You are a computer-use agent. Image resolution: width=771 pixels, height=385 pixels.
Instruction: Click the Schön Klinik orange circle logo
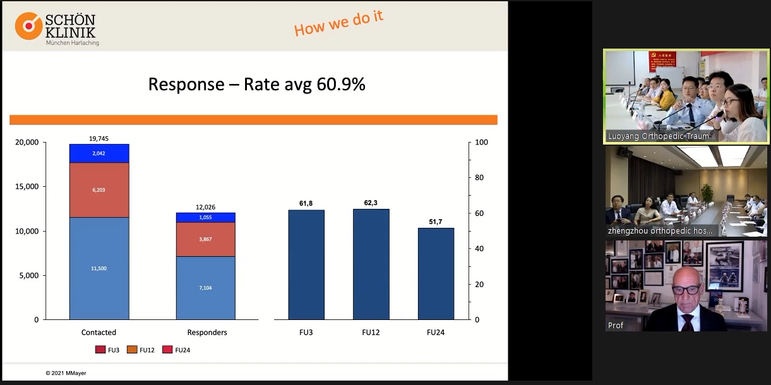[28, 26]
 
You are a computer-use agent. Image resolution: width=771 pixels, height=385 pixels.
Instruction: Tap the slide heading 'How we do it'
[338, 23]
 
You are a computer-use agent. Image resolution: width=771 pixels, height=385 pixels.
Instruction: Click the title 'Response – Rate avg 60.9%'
[256, 84]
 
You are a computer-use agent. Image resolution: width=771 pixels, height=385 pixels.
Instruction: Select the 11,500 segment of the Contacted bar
[99, 268]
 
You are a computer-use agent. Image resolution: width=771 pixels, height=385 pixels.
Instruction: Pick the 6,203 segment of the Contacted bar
[99, 189]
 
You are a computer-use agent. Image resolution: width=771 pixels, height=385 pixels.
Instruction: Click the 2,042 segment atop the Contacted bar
[99, 153]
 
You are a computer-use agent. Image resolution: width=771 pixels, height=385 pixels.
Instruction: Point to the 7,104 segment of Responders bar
[205, 287]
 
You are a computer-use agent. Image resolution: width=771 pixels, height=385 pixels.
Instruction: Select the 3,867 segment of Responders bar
[205, 239]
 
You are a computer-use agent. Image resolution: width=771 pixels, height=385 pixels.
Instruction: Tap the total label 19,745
[99, 138]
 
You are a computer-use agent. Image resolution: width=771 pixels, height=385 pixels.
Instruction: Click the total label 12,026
[205, 207]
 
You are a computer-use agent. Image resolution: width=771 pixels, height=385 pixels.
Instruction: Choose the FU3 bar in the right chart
[306, 265]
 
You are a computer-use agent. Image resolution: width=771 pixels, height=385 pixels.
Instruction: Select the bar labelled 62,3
[371, 264]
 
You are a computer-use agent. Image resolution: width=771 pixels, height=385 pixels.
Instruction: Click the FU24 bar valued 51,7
[436, 274]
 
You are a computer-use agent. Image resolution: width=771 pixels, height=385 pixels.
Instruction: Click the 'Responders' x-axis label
[207, 333]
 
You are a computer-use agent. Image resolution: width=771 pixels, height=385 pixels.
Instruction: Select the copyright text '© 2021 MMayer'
[66, 373]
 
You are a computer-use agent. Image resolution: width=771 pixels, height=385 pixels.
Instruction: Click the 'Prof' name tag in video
[616, 325]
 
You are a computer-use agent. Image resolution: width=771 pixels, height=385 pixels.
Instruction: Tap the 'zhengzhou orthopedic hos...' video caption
[660, 230]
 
